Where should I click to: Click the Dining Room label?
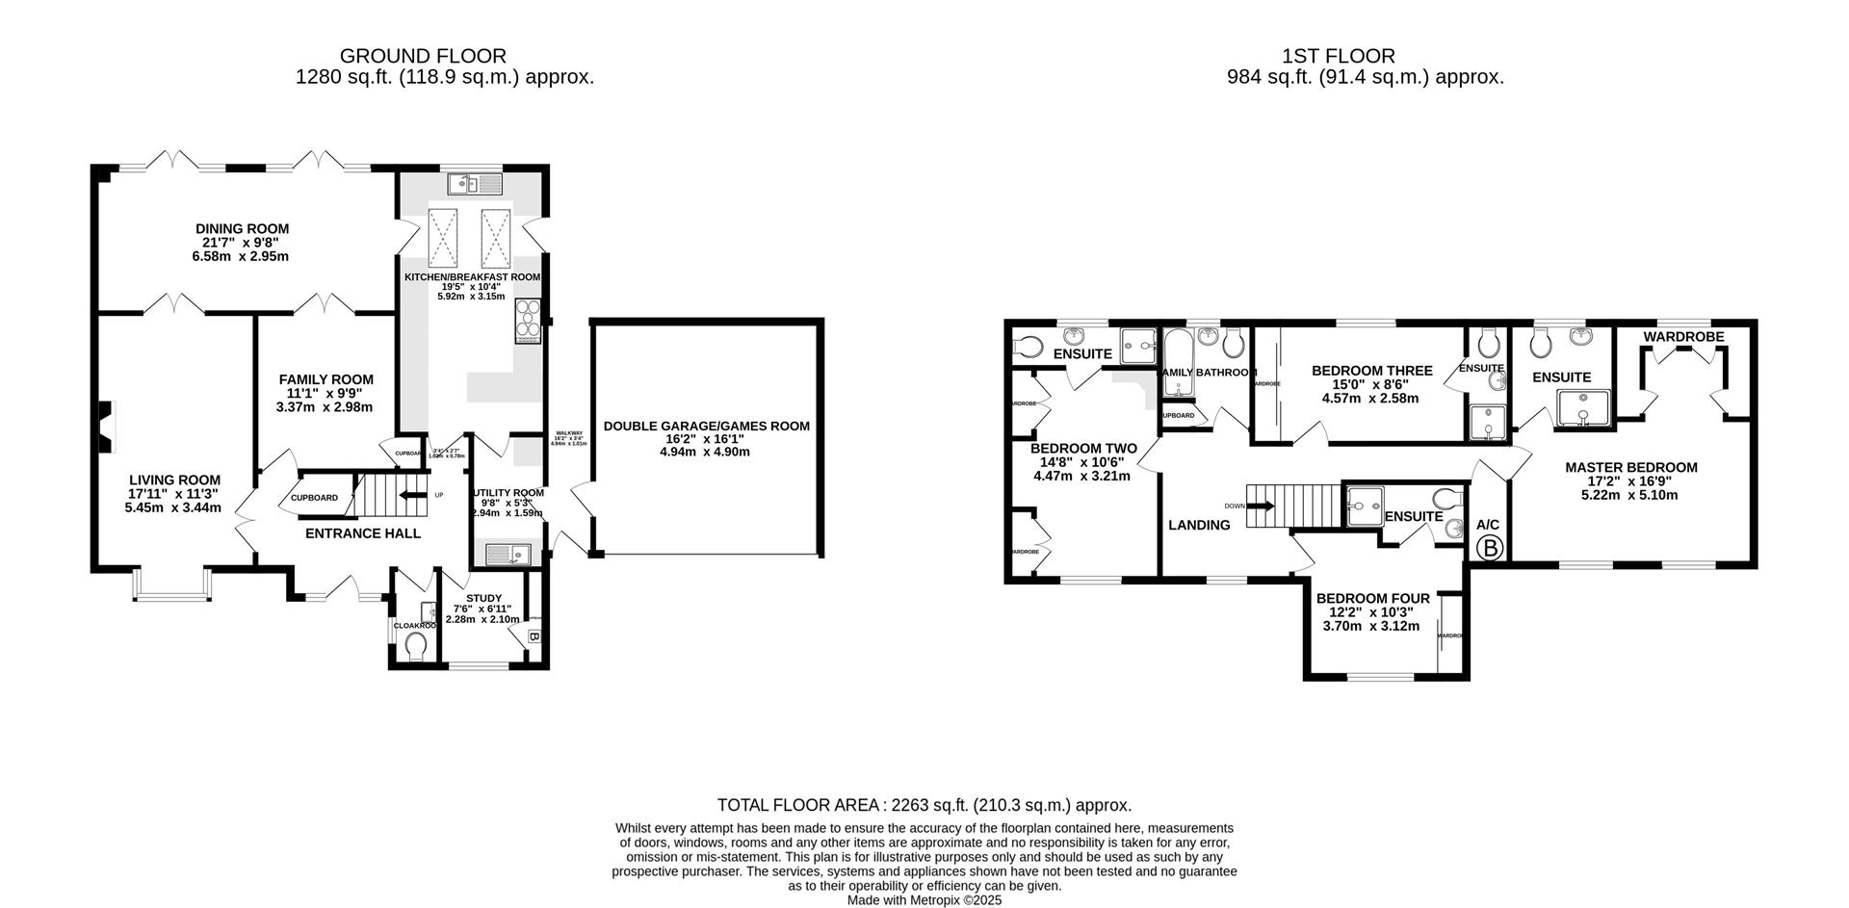tap(242, 229)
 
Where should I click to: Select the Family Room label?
tap(326, 379)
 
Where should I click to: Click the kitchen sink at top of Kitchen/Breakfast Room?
tap(475, 182)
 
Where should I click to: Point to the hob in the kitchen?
tap(529, 321)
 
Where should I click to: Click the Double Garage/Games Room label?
tap(706, 426)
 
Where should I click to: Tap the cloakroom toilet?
tap(416, 644)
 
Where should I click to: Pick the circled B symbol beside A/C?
tap(1489, 549)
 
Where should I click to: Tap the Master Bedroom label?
tap(1630, 468)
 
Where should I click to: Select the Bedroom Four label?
tap(1372, 598)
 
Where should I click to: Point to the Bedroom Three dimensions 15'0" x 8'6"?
tap(1371, 384)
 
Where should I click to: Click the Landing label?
tap(1199, 525)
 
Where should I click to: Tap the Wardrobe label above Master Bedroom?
tap(1683, 337)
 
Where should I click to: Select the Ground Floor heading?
tap(423, 56)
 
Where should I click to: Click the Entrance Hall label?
tap(362, 532)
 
